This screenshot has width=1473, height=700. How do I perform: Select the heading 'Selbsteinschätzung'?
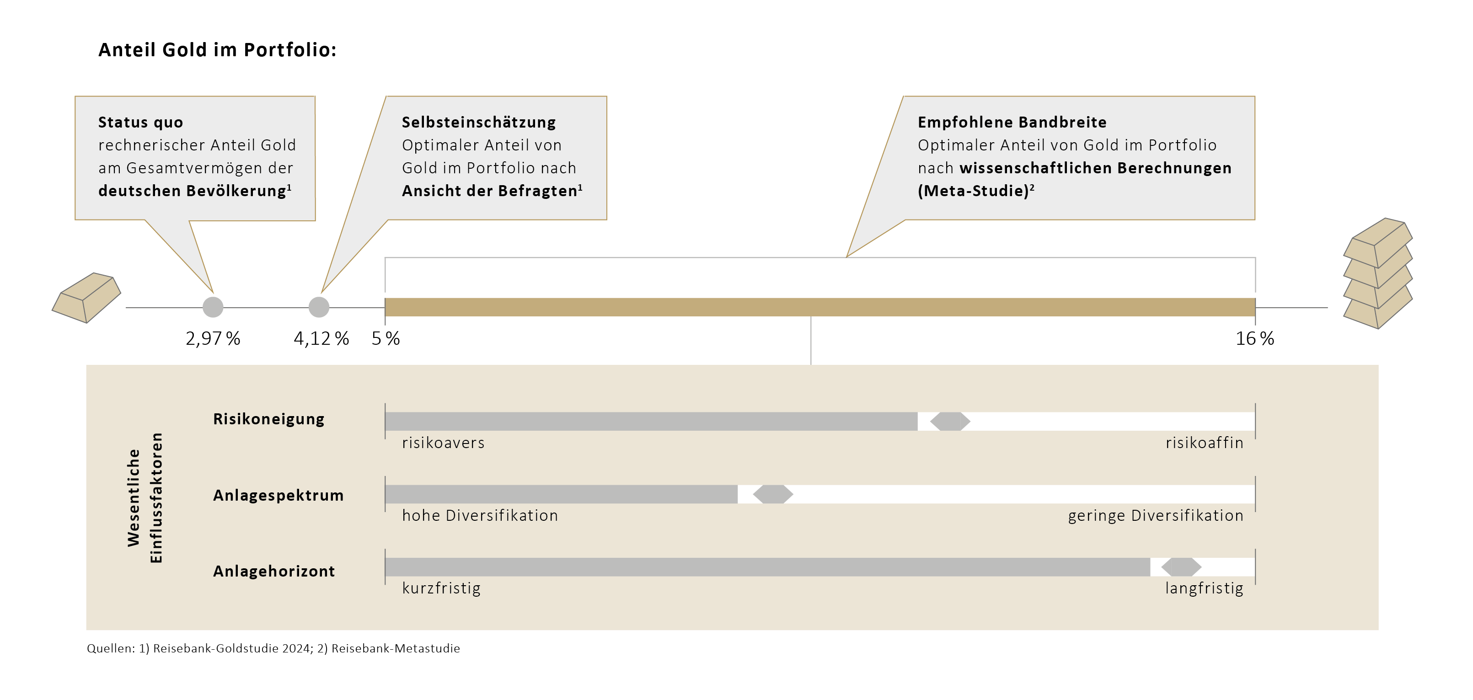pos(479,123)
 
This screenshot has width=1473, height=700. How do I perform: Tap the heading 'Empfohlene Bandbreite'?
pos(1012,123)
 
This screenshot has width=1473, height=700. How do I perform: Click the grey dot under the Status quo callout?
pos(213,307)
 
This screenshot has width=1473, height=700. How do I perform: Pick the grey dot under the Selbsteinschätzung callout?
pos(318,307)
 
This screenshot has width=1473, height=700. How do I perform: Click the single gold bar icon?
pos(86,297)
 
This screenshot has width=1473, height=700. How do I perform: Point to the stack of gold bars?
pos(1377,273)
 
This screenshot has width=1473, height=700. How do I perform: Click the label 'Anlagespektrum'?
pos(278,495)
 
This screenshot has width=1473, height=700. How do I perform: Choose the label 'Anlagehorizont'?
pos(273,572)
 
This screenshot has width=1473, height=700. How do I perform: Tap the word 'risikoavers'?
pos(443,443)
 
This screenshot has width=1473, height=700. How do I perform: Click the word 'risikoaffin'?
pos(1204,443)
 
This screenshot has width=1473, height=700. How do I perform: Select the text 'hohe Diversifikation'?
pos(479,516)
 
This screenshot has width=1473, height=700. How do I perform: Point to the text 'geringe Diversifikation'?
pos(1155,516)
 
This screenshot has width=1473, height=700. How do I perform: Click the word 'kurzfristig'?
pos(441,588)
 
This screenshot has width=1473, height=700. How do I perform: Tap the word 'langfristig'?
pos(1204,588)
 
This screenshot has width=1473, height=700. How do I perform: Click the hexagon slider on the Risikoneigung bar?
pos(950,422)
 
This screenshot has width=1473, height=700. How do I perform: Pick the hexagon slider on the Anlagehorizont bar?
pos(1181,567)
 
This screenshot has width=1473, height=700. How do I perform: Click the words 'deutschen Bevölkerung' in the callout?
pos(192,191)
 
